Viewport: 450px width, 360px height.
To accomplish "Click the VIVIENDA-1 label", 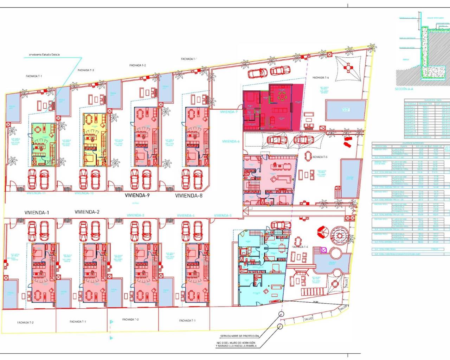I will point(37,213).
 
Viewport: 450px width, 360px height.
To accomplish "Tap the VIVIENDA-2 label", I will point(87,212).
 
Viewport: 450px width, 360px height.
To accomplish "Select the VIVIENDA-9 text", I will point(137,195).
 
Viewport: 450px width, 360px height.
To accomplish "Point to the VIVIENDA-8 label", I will point(189,196).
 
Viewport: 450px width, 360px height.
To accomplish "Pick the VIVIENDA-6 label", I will point(231,141).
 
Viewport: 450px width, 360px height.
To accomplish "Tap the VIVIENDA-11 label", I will point(36,193).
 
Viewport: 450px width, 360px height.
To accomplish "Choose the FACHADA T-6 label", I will point(321,78).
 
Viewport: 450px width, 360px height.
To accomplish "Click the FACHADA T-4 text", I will point(300,247).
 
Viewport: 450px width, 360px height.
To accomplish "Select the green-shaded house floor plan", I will point(44,144).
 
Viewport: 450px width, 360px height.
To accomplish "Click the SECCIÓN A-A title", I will point(404,89).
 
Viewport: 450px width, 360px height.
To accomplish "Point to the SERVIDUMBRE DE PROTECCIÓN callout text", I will point(239,336).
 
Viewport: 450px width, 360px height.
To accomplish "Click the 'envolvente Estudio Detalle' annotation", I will point(44,55).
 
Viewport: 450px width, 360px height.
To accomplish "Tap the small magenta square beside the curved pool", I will point(324,250).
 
